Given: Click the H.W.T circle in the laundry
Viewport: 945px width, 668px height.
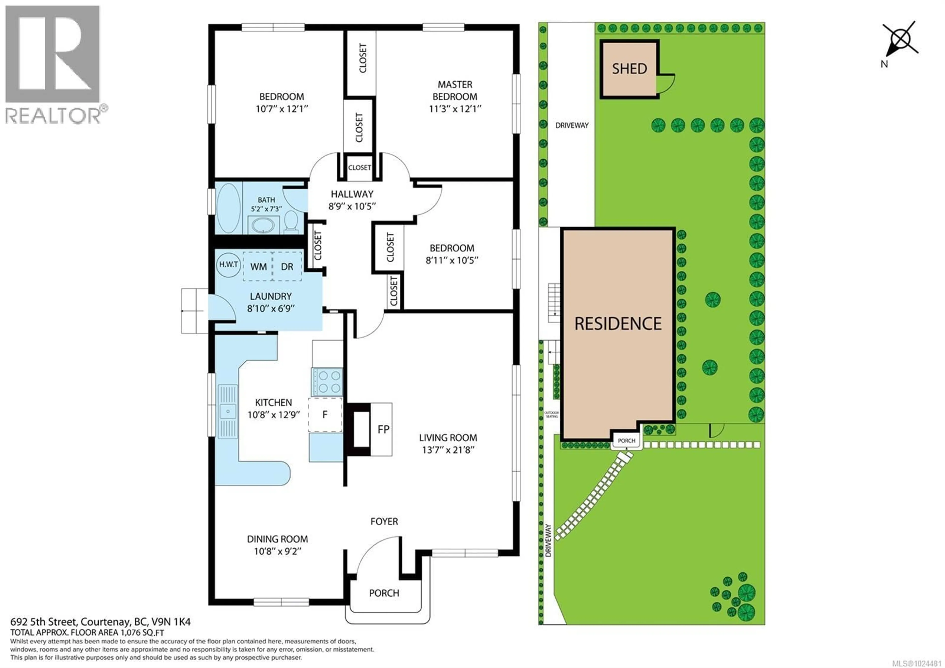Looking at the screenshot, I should click(x=228, y=264).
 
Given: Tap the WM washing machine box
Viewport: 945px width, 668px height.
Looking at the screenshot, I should click(x=258, y=267).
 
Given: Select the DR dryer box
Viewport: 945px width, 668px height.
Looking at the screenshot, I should click(x=287, y=267).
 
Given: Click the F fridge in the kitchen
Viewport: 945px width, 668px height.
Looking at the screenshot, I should click(x=325, y=414).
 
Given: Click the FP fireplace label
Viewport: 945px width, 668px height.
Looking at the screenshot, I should click(x=383, y=430).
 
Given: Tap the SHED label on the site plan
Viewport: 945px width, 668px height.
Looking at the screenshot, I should click(x=629, y=69).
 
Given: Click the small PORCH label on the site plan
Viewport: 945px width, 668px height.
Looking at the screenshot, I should click(x=627, y=441).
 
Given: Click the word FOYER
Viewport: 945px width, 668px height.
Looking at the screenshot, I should click(x=384, y=521).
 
